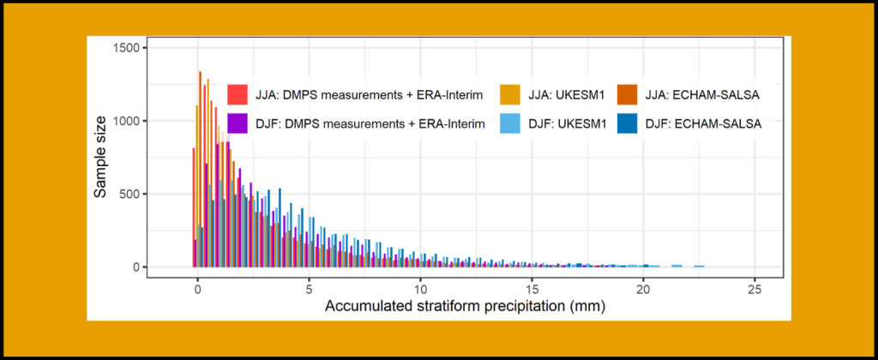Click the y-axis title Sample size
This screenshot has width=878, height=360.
click(x=101, y=157)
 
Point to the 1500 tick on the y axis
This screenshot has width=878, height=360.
click(x=127, y=48)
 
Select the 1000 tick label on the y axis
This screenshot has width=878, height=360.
click(x=127, y=121)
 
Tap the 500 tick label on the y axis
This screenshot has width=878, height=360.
click(x=130, y=194)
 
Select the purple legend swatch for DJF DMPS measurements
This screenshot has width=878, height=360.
click(x=238, y=123)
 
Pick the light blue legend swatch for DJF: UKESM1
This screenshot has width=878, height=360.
click(x=508, y=123)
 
